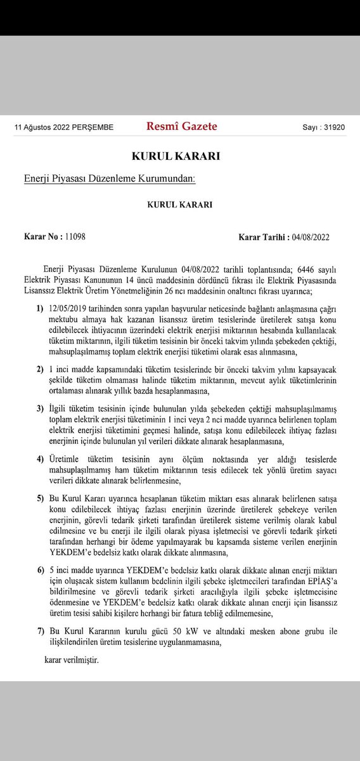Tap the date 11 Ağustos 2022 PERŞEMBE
64,127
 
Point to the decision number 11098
75,237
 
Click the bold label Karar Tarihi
261,237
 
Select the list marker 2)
40,368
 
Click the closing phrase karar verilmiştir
72,660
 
